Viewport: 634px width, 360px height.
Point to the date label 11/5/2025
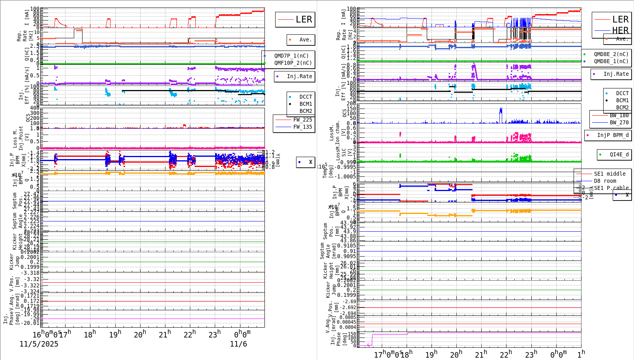(39, 344)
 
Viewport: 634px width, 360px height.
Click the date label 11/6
(238, 344)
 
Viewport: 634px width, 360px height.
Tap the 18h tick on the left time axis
(90, 334)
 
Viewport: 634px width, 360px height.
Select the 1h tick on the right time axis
(581, 353)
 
